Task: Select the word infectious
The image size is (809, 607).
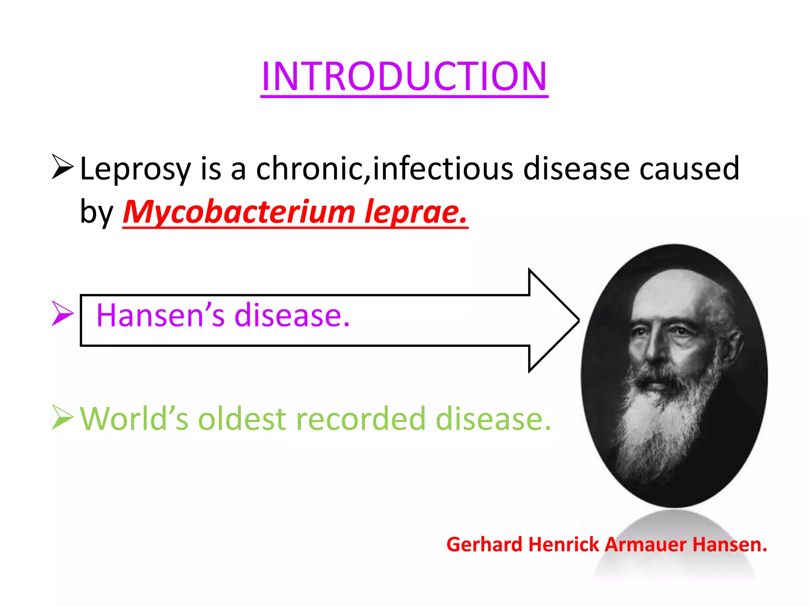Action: coord(443,168)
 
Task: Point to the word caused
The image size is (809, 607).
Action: coord(689,168)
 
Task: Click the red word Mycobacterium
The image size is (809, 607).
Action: coord(239,212)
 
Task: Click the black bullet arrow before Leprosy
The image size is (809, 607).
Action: coord(62,167)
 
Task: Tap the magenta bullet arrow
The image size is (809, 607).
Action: coord(62,313)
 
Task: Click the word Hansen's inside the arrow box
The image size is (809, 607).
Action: coord(160,315)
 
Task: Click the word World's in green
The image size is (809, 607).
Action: coord(134,419)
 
